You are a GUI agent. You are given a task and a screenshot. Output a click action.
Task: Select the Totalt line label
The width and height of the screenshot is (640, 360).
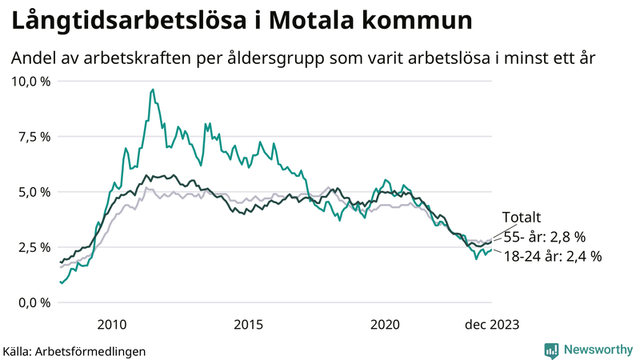coord(522,218)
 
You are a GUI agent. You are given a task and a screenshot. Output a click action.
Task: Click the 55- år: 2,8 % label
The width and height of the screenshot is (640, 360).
coord(544,237)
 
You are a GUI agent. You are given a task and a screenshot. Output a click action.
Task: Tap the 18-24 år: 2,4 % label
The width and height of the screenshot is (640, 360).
coord(552,257)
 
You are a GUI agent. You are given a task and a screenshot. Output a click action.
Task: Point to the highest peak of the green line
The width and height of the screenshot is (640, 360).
coord(153,90)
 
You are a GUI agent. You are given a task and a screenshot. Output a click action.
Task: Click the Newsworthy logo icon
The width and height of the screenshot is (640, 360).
coord(551,350)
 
